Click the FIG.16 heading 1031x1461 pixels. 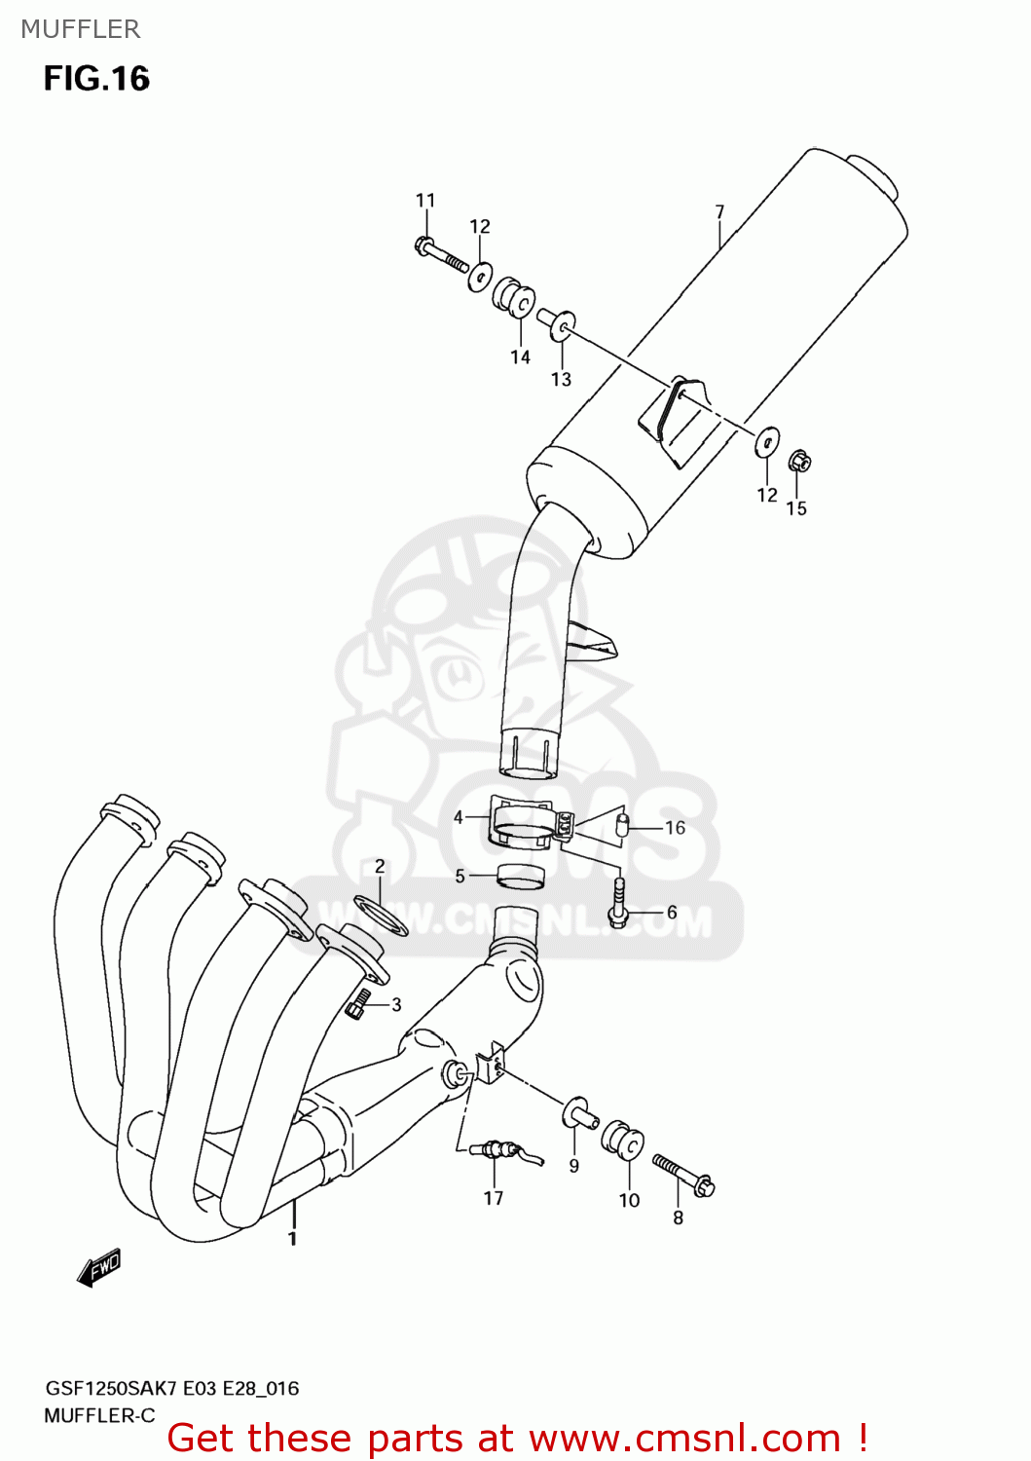[96, 78]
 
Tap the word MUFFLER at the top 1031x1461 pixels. [81, 29]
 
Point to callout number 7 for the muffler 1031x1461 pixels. [719, 211]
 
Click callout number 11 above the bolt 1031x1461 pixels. [425, 200]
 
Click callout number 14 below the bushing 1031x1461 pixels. [520, 356]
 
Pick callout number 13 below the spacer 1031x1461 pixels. [561, 379]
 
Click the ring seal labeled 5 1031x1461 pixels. [521, 876]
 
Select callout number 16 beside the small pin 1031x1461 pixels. [675, 827]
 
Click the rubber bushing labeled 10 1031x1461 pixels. [622, 1142]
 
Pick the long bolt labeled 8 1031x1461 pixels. [682, 1173]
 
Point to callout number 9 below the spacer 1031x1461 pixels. [573, 1165]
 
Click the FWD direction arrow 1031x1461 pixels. [99, 1267]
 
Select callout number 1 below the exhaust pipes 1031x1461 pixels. [292, 1238]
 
